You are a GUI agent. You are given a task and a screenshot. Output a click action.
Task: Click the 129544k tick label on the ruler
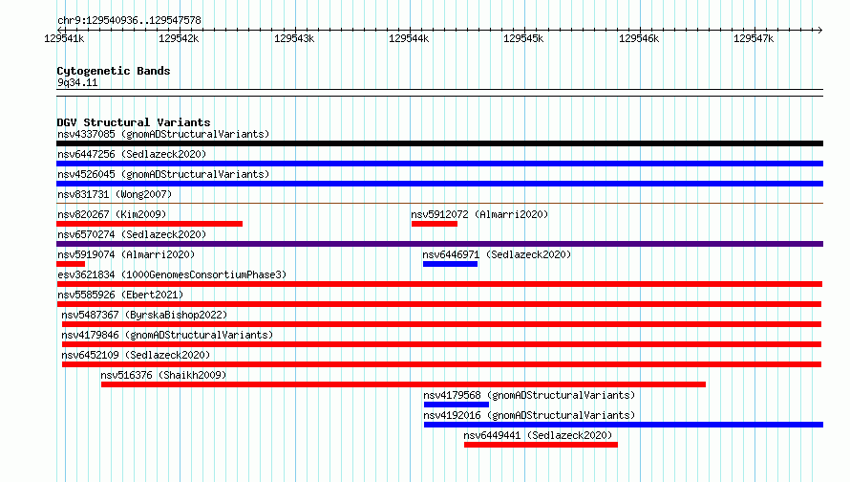(x=409, y=38)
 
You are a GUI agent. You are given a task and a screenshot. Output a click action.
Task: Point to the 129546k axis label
(x=639, y=38)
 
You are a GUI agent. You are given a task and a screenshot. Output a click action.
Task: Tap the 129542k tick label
(x=179, y=38)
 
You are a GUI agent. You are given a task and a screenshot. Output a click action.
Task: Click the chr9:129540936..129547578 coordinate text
(x=129, y=20)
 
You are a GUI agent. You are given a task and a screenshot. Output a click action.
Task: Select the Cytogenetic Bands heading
(x=114, y=71)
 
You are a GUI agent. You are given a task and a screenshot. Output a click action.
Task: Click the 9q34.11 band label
(x=77, y=82)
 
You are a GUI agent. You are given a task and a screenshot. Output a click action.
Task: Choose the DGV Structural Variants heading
(x=134, y=122)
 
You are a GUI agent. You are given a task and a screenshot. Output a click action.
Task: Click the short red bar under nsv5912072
(x=435, y=224)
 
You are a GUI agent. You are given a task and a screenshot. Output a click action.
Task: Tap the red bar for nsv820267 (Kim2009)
(x=150, y=224)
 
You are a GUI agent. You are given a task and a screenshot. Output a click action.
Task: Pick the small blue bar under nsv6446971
(x=451, y=264)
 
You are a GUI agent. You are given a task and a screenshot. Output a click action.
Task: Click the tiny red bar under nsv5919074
(x=71, y=264)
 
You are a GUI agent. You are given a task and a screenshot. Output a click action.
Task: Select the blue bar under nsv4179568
(x=457, y=405)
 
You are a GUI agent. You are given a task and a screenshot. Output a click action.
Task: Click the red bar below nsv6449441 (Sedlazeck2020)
(x=541, y=445)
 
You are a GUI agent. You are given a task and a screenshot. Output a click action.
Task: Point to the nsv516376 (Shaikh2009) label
(x=163, y=375)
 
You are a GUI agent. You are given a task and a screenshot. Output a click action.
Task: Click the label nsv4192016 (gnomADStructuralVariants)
(x=529, y=415)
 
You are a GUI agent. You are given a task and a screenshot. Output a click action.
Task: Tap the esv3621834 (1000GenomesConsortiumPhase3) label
(x=172, y=274)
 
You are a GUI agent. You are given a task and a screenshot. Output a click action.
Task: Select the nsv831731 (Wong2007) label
(x=115, y=194)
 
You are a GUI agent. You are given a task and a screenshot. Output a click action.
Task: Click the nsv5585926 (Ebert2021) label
(x=120, y=295)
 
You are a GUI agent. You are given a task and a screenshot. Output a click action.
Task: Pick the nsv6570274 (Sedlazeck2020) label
(x=132, y=234)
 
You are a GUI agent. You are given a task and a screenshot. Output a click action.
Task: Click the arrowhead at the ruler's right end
(x=820, y=30)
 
